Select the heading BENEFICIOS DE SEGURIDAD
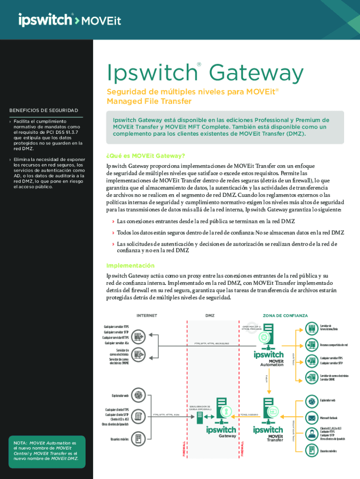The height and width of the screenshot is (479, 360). [x=43, y=110]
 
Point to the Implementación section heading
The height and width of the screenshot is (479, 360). [x=130, y=265]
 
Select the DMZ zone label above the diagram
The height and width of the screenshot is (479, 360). [x=210, y=316]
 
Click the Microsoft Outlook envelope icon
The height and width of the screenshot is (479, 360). [x=311, y=417]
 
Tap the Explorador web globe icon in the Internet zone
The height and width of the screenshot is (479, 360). [x=138, y=395]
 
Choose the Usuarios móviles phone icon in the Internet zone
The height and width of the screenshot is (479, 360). [x=138, y=439]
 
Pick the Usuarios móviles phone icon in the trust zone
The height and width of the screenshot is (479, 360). [x=311, y=450]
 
